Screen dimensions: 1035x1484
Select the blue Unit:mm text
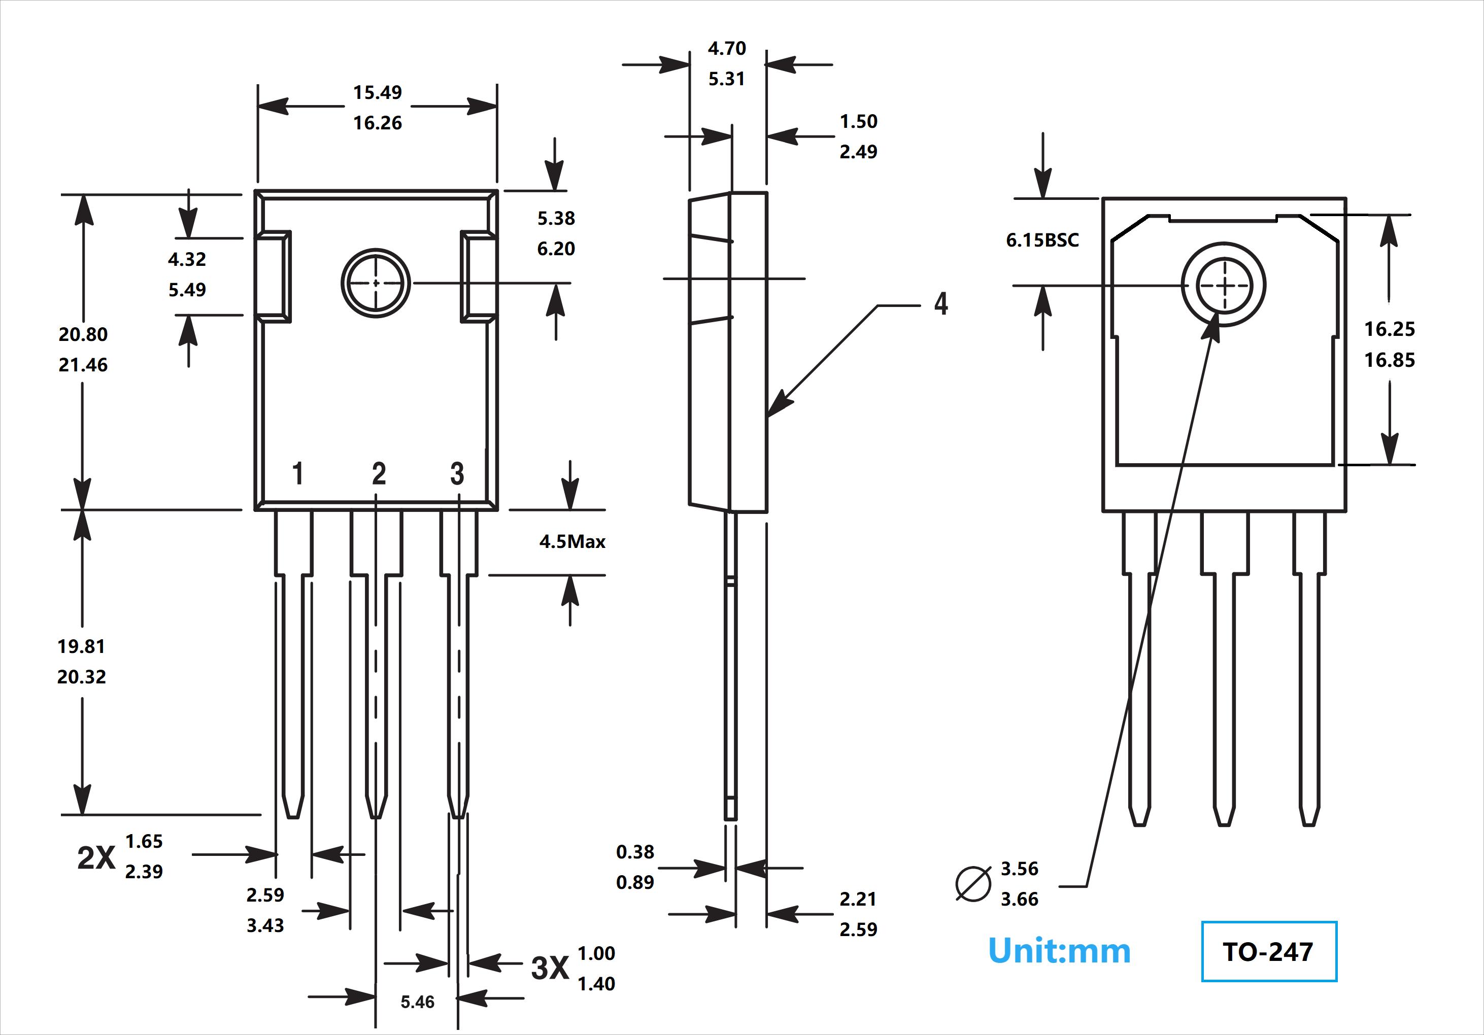click(x=1059, y=951)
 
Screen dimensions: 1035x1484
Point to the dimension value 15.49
click(x=378, y=92)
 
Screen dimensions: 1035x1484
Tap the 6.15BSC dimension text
click(x=1042, y=240)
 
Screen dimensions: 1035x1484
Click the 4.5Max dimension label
click(x=572, y=541)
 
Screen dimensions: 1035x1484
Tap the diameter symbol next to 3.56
click(x=973, y=883)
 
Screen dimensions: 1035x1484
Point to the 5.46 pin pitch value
click(x=418, y=1002)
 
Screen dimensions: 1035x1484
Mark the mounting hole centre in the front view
click(x=376, y=283)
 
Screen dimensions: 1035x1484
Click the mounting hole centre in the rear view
click(x=1224, y=285)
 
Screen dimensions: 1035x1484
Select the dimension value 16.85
click(x=1389, y=360)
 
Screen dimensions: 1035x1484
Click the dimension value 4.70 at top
click(x=726, y=49)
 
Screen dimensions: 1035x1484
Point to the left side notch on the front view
click(x=273, y=277)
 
